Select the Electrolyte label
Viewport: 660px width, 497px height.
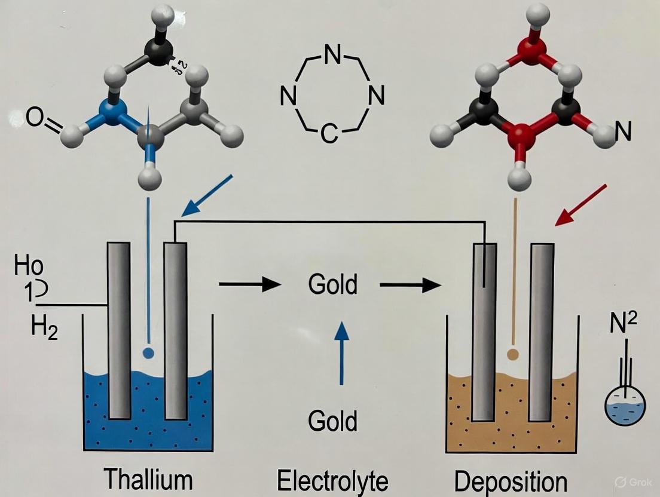point(332,480)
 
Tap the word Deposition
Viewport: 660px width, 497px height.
point(511,481)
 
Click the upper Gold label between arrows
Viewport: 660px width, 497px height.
point(332,285)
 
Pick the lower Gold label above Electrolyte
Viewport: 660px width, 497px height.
point(332,421)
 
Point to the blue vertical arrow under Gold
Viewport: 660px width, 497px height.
point(341,353)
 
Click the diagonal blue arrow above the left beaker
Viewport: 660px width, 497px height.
point(207,195)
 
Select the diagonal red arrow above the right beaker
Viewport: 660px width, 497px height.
point(581,205)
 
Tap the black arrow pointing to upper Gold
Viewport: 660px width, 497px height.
point(249,285)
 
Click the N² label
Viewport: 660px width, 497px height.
point(624,326)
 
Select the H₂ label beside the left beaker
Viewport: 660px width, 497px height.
point(44,329)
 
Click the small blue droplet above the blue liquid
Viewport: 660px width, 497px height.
point(149,353)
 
